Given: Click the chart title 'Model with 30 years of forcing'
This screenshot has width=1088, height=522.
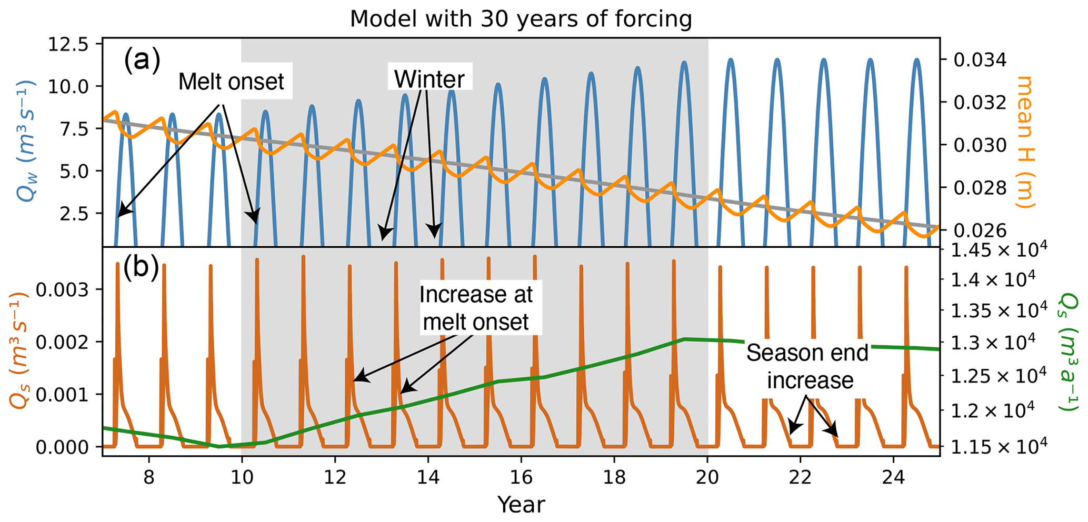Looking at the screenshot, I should pyautogui.click(x=521, y=19).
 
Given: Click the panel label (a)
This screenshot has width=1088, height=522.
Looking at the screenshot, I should pyautogui.click(x=142, y=61).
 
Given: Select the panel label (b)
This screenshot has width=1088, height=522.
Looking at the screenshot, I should pyautogui.click(x=141, y=268).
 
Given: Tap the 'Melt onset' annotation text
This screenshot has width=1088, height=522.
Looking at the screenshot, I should pyautogui.click(x=231, y=82).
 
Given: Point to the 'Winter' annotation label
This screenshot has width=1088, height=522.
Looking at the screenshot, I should pyautogui.click(x=430, y=79).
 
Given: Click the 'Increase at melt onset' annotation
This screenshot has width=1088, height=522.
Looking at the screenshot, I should pyautogui.click(x=476, y=308).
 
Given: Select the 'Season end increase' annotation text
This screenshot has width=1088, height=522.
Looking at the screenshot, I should pyautogui.click(x=808, y=366).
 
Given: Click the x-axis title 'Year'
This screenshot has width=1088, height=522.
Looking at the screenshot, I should pyautogui.click(x=521, y=504).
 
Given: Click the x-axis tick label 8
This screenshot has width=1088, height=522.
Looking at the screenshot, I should pyautogui.click(x=148, y=478).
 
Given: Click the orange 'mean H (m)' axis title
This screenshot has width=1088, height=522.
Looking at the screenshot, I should pyautogui.click(x=1025, y=142).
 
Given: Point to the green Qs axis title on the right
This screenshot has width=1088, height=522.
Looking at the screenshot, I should pyautogui.click(x=1068, y=351).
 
